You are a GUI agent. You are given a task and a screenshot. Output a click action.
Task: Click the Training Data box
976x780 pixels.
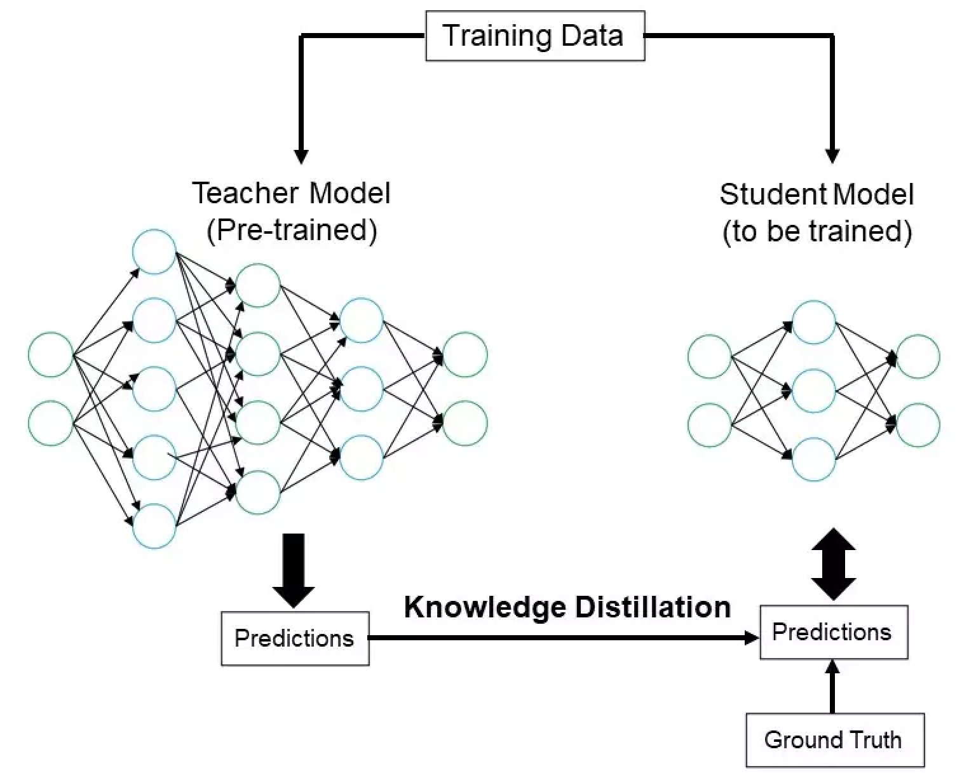(534, 36)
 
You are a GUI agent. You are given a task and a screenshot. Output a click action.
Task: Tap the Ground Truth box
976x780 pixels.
(834, 740)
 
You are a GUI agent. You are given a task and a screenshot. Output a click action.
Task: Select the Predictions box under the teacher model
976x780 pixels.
(295, 638)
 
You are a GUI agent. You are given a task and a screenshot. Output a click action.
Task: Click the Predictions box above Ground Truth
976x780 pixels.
(833, 633)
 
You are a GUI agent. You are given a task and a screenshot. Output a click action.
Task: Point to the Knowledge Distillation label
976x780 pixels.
(567, 607)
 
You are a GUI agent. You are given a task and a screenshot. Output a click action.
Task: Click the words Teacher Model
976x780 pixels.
(291, 193)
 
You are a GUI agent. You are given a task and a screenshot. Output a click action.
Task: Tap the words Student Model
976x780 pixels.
(817, 194)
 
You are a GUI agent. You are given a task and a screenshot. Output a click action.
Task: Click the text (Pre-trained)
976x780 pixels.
(292, 230)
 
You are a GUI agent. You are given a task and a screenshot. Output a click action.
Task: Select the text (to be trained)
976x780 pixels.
(817, 231)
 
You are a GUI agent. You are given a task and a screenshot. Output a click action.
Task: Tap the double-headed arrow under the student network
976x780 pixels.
(833, 564)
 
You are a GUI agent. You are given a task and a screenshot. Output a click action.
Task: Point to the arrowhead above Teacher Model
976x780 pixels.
(302, 155)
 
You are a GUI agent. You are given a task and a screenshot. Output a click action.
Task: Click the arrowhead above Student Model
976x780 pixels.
(832, 155)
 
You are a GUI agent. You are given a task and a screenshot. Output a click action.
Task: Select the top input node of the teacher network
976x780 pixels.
(51, 354)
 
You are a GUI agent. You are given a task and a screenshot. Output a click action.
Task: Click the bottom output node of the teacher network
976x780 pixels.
(465, 423)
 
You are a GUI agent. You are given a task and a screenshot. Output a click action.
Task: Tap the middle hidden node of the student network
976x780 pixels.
(814, 391)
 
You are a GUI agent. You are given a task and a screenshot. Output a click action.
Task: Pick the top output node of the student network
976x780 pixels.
(918, 357)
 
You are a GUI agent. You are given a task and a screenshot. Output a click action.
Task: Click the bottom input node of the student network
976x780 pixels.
(710, 425)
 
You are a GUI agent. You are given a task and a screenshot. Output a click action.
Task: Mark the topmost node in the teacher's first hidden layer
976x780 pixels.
(154, 252)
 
